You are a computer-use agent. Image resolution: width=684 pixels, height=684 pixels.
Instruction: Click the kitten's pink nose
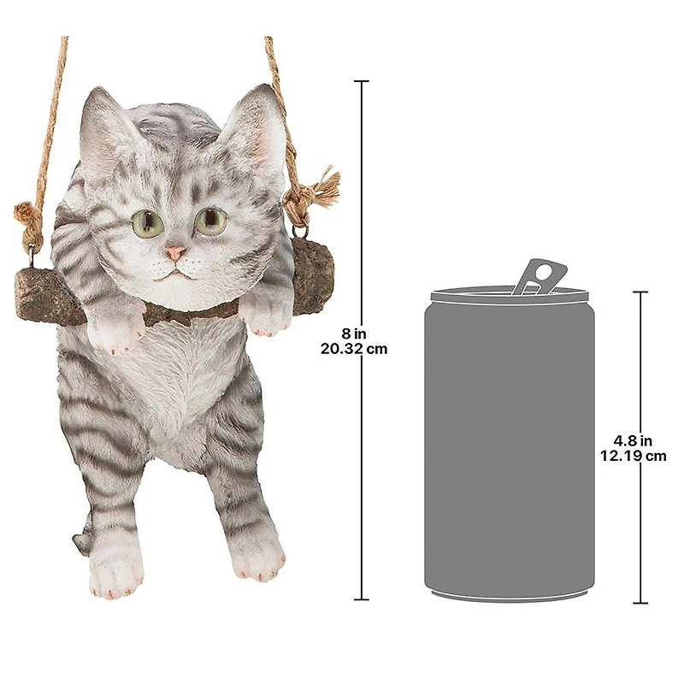pyautogui.click(x=175, y=253)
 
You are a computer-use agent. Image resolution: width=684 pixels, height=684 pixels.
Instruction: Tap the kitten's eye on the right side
pyautogui.click(x=210, y=221)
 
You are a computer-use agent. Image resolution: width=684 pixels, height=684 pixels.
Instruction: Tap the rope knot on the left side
pyautogui.click(x=29, y=219)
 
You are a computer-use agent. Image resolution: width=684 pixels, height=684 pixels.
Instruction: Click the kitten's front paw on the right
pyautogui.click(x=266, y=315)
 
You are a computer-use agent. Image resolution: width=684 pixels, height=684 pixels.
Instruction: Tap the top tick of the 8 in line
pyautogui.click(x=361, y=82)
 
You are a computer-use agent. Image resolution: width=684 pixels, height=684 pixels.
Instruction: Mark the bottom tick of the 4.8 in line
pyautogui.click(x=640, y=603)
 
